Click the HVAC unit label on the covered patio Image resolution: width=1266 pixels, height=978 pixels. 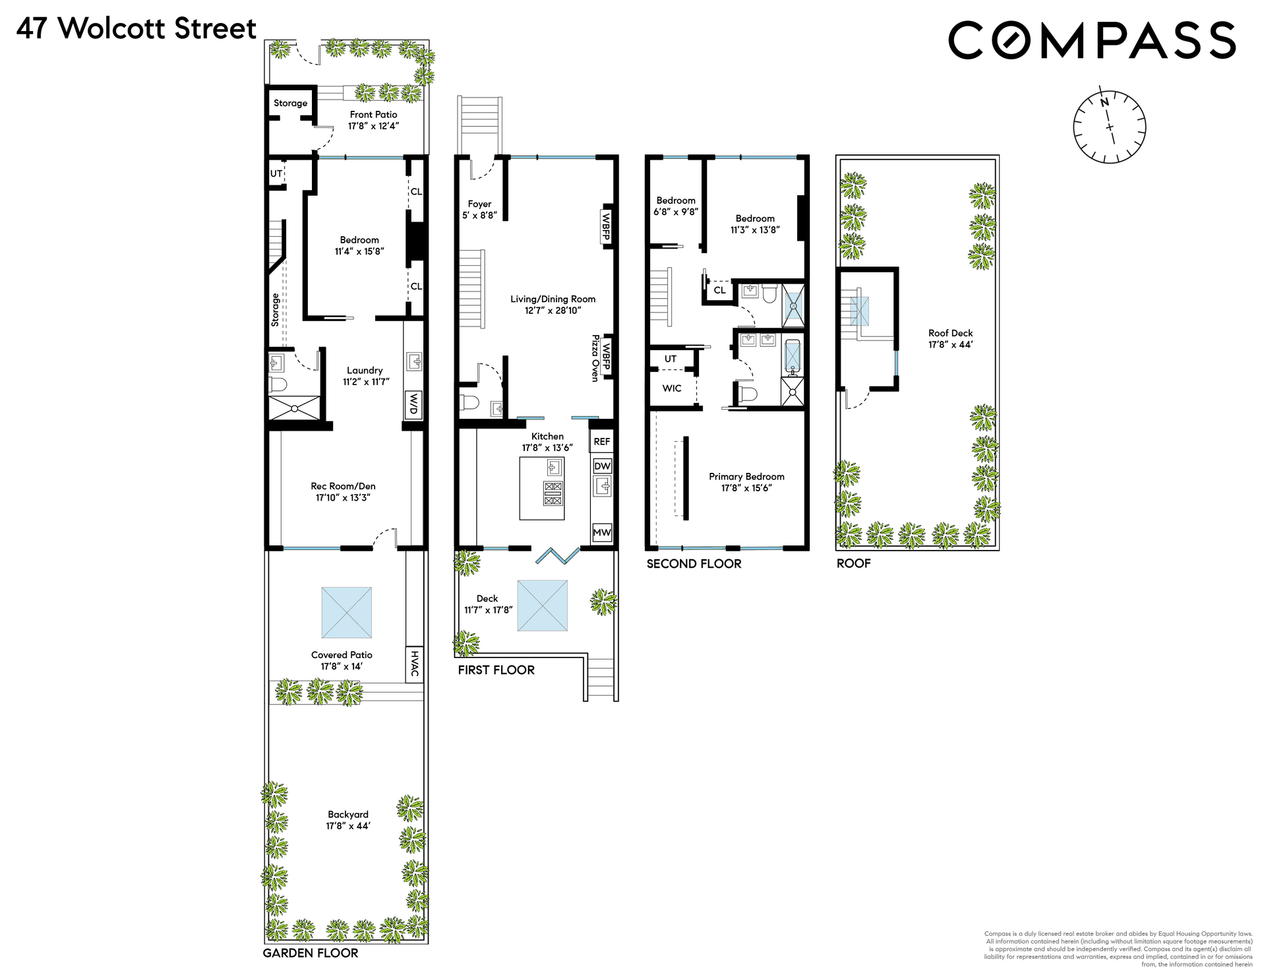click(x=414, y=663)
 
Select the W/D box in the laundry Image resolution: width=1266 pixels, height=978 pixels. click(x=413, y=404)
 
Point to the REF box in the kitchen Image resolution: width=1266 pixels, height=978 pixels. click(x=602, y=442)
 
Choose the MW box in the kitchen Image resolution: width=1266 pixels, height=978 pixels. click(x=602, y=532)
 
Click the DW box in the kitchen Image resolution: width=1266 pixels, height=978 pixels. click(x=603, y=466)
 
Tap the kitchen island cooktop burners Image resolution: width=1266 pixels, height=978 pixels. click(x=553, y=493)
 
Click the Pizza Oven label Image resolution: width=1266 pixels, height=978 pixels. click(x=595, y=358)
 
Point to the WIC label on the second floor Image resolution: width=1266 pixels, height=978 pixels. click(x=672, y=388)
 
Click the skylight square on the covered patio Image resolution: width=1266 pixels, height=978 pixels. click(x=347, y=613)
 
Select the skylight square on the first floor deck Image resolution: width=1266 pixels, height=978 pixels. click(x=543, y=605)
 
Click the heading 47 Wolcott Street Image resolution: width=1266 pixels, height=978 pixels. click(x=136, y=29)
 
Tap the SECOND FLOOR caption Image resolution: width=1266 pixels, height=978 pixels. click(x=694, y=564)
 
